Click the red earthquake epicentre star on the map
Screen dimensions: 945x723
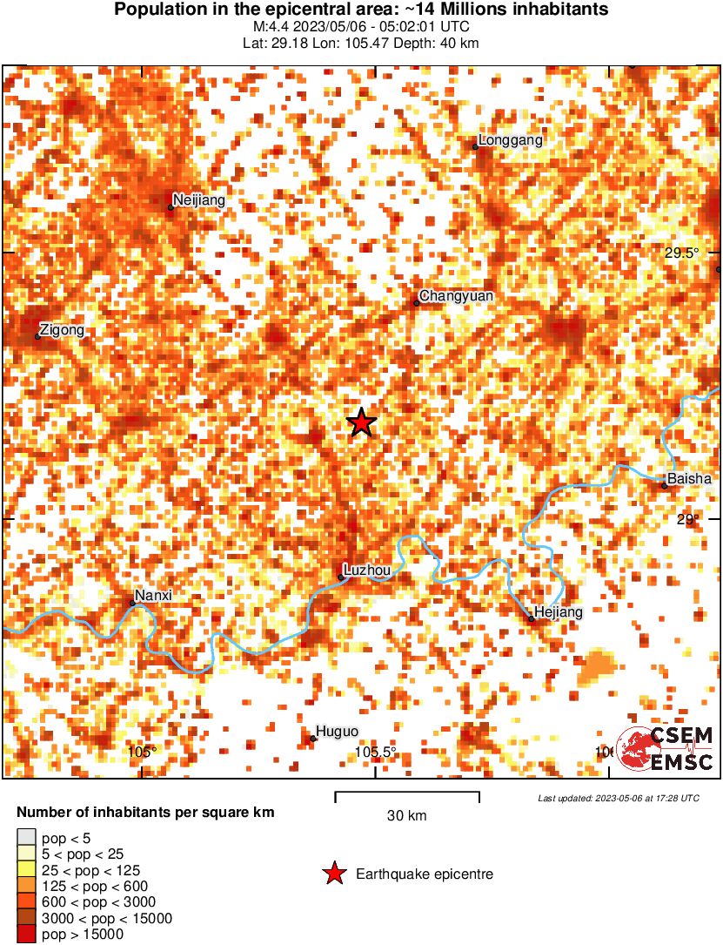pyautogui.click(x=361, y=422)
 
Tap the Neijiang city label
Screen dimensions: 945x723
pyautogui.click(x=198, y=200)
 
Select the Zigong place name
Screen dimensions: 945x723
pyautogui.click(x=63, y=330)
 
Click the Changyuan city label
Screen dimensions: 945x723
pyautogui.click(x=456, y=296)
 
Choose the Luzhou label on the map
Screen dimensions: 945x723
pyautogui.click(x=367, y=570)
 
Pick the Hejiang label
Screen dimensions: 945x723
pyautogui.click(x=558, y=612)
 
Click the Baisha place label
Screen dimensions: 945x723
pyautogui.click(x=689, y=478)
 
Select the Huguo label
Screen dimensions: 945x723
pyautogui.click(x=337, y=732)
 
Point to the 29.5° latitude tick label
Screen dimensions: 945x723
pyautogui.click(x=682, y=253)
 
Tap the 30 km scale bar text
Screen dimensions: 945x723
pyautogui.click(x=406, y=816)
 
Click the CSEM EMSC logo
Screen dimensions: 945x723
pyautogui.click(x=666, y=749)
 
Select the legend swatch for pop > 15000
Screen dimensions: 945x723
pyautogui.click(x=26, y=934)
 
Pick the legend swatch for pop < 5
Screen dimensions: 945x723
pyautogui.click(x=26, y=838)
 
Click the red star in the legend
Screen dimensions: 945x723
pyautogui.click(x=333, y=874)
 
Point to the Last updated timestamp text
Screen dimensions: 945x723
pyautogui.click(x=619, y=798)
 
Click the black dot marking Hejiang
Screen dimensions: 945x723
pyautogui.click(x=531, y=618)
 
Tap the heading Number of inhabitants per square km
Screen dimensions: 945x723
pyautogui.click(x=145, y=813)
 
